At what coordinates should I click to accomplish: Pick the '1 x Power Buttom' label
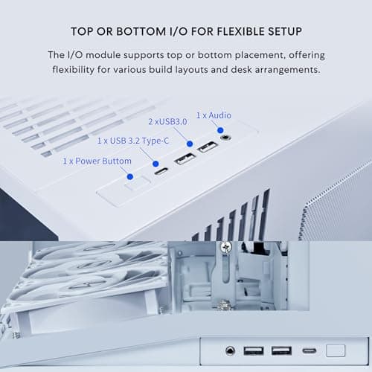coord(97,161)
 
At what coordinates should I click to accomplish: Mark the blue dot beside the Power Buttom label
coord(130,176)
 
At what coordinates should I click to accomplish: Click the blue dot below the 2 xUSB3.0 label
coord(190,144)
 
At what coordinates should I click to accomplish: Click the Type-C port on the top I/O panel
coord(160,170)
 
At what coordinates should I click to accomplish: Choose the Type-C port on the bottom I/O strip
coord(308,350)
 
